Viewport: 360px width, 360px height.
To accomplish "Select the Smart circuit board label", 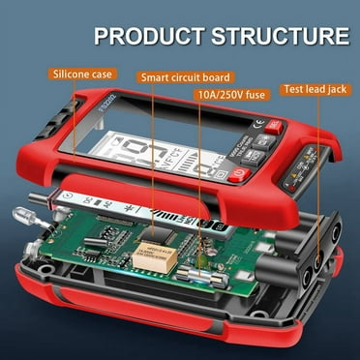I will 186,77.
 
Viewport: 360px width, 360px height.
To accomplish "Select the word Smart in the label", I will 159,77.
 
